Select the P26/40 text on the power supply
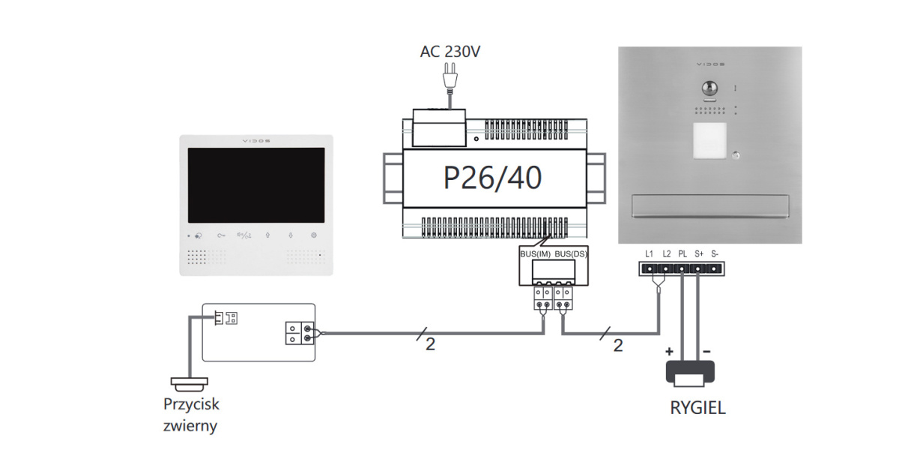click(x=492, y=178)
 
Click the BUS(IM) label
click(x=535, y=255)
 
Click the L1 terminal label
click(x=649, y=253)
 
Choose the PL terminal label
click(x=682, y=253)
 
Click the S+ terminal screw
click(x=698, y=268)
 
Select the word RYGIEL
click(x=697, y=409)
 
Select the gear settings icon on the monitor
click(x=314, y=235)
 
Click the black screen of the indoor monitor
click(x=255, y=184)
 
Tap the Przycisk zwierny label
click(x=191, y=415)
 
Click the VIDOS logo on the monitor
click(x=256, y=140)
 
